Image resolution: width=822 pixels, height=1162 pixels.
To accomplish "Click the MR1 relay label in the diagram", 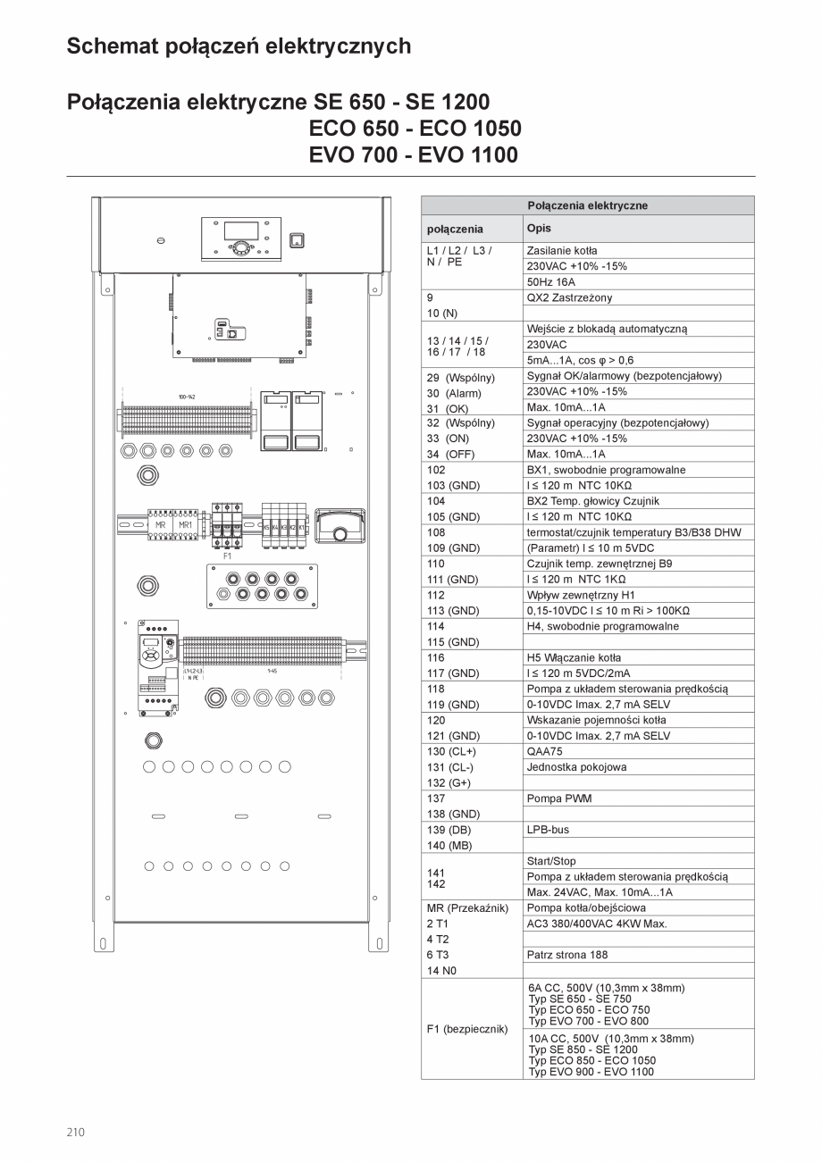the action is pyautogui.click(x=186, y=525).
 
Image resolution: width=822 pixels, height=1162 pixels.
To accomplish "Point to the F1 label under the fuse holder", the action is pyautogui.click(x=226, y=556).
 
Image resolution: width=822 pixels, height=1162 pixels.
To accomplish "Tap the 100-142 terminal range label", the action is pyautogui.click(x=187, y=397).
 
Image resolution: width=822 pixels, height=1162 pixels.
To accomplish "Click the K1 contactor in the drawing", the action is pyautogui.click(x=302, y=528).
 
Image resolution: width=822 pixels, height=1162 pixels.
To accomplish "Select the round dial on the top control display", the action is pyautogui.click(x=242, y=248).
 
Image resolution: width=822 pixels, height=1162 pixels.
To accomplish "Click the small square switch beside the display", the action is pyautogui.click(x=298, y=239).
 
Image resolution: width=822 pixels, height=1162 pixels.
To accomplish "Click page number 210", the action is pyautogui.click(x=75, y=1133).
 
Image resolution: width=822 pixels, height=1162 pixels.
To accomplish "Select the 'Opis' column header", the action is pyautogui.click(x=540, y=228).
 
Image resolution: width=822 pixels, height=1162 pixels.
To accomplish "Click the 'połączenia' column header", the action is pyautogui.click(x=455, y=229).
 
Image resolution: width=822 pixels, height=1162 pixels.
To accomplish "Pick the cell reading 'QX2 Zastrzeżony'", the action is pyautogui.click(x=570, y=297).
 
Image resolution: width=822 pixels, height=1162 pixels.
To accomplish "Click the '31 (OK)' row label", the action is pyautogui.click(x=448, y=408).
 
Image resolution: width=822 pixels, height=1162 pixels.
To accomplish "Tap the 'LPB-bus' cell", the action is pyautogui.click(x=548, y=830).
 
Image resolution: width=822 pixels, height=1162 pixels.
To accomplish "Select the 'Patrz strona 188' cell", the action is pyautogui.click(x=567, y=955).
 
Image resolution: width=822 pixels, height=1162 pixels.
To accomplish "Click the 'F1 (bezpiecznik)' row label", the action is pyautogui.click(x=466, y=1029).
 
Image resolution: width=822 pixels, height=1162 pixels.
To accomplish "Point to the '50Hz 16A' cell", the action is pyautogui.click(x=551, y=281).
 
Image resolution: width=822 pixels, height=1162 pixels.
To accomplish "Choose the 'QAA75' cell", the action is pyautogui.click(x=545, y=751).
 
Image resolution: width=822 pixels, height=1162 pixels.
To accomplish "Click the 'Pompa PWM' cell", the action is pyautogui.click(x=559, y=798).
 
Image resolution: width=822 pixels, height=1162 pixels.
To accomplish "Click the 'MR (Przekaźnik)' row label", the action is pyautogui.click(x=467, y=908).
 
